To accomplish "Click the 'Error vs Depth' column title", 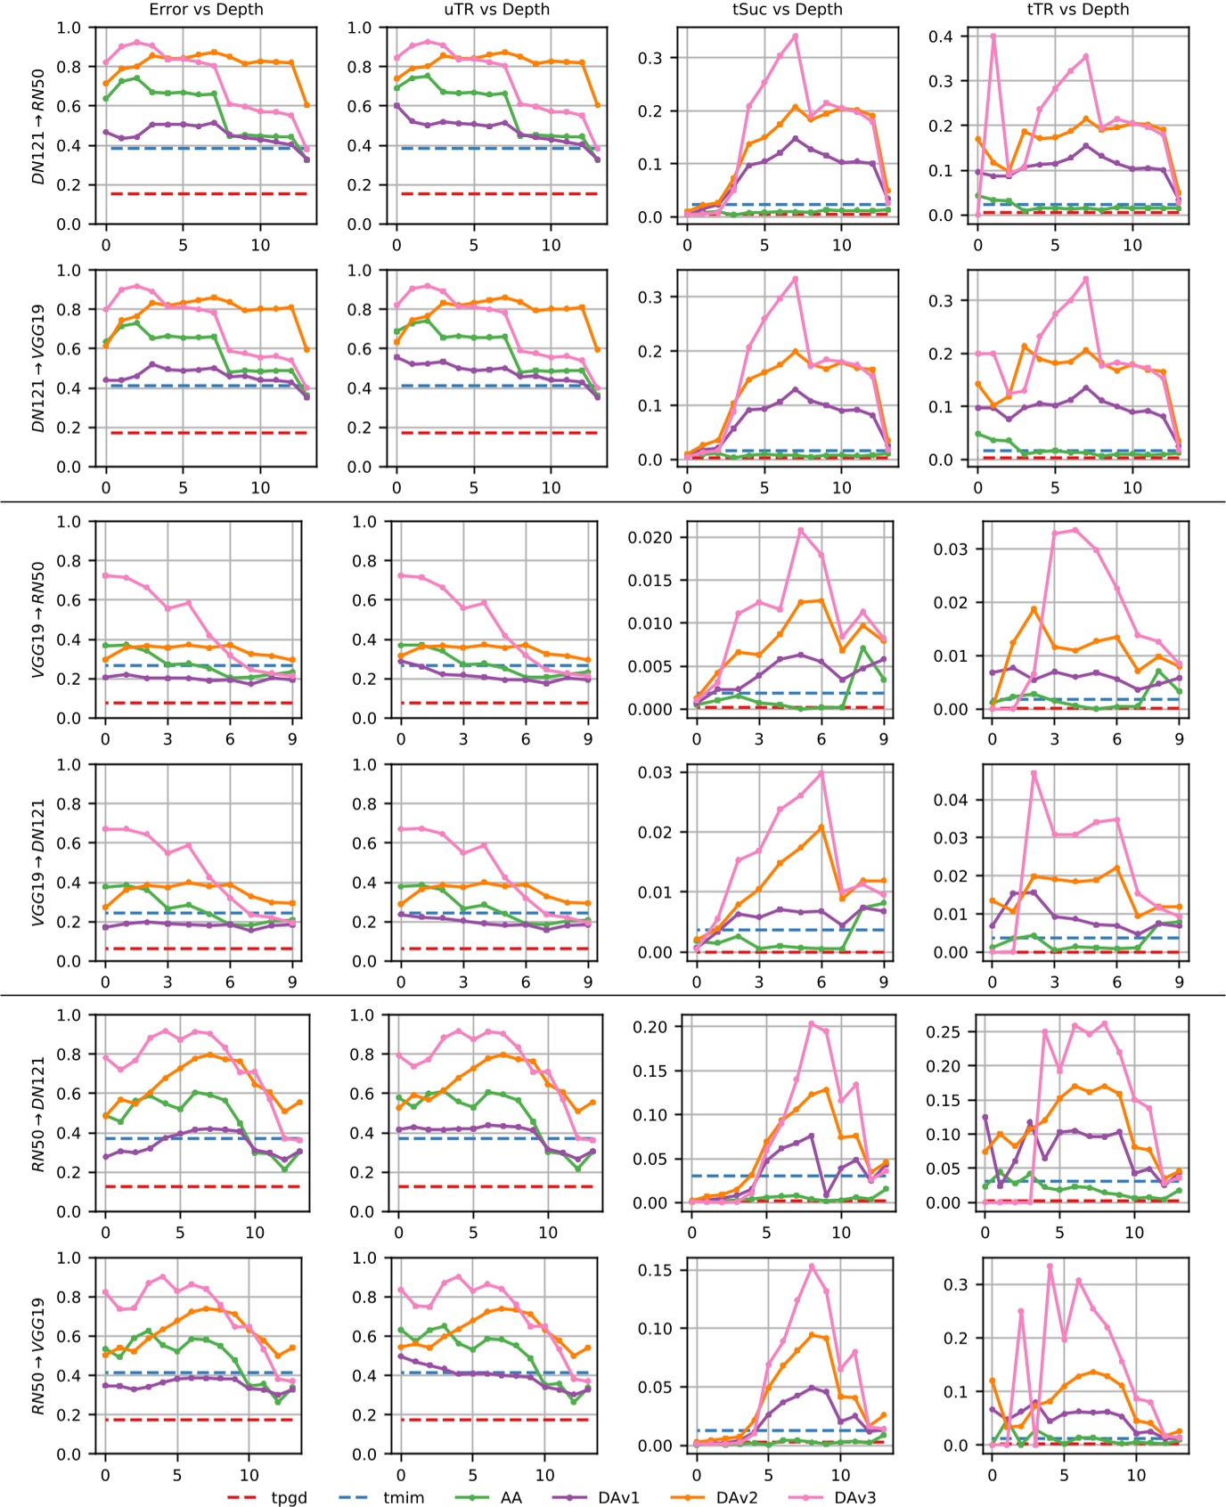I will click(206, 10).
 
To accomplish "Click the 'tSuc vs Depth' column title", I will click(787, 10).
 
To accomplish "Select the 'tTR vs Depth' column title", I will click(1077, 10).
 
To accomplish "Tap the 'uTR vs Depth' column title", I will click(496, 10).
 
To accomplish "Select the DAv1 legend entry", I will click(618, 1497).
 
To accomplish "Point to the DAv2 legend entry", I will click(736, 1497).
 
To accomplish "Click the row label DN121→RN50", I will click(38, 126).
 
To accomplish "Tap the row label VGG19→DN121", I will click(38, 862).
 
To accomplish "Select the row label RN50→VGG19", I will click(38, 1356).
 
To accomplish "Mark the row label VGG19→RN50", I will click(38, 619).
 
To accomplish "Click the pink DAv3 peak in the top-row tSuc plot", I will click(795, 37).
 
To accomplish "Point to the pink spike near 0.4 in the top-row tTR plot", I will click(993, 37).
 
